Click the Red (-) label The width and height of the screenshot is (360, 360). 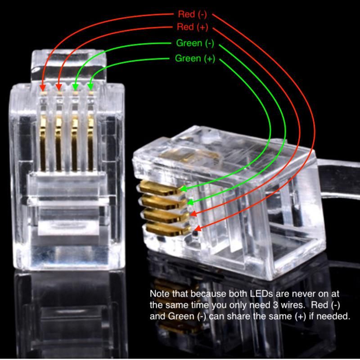(193, 14)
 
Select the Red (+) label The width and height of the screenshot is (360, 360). (193, 27)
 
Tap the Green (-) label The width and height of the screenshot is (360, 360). (195, 43)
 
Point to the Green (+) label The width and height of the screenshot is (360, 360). (195, 58)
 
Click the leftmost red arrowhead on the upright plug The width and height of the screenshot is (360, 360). (43, 87)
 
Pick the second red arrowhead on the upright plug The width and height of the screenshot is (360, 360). (59, 87)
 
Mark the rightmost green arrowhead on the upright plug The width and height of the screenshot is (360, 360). (90, 87)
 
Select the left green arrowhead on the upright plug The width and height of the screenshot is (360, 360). (75, 87)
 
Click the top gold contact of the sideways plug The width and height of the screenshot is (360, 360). (161, 188)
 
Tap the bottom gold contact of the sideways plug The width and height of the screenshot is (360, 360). (168, 229)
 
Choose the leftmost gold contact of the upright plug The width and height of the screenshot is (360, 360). (43, 142)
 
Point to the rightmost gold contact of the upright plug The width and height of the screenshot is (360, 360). (90, 142)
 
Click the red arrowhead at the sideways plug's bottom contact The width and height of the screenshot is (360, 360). (198, 228)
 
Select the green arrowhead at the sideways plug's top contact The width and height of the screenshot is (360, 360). (184, 189)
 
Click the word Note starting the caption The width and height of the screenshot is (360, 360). (160, 294)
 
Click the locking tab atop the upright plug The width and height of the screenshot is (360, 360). (69, 65)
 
